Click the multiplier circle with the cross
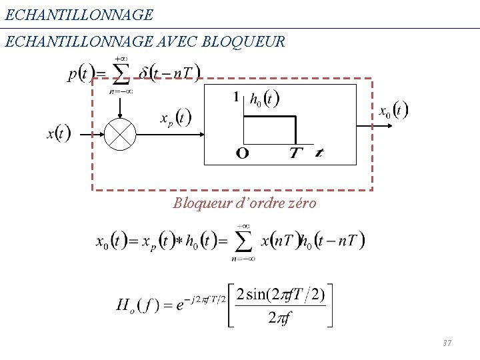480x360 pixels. (120, 134)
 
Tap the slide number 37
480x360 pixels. (447, 343)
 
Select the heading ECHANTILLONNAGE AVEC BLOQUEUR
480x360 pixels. (145, 42)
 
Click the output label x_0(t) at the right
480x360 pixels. (393, 110)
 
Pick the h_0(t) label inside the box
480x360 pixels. (264, 99)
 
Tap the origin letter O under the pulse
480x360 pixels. (243, 154)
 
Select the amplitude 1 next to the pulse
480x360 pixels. (236, 97)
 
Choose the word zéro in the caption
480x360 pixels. (301, 203)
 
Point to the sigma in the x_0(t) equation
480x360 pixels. (244, 241)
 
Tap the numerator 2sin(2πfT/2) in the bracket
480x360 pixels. (281, 294)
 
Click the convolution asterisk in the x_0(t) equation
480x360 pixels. (179, 240)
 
